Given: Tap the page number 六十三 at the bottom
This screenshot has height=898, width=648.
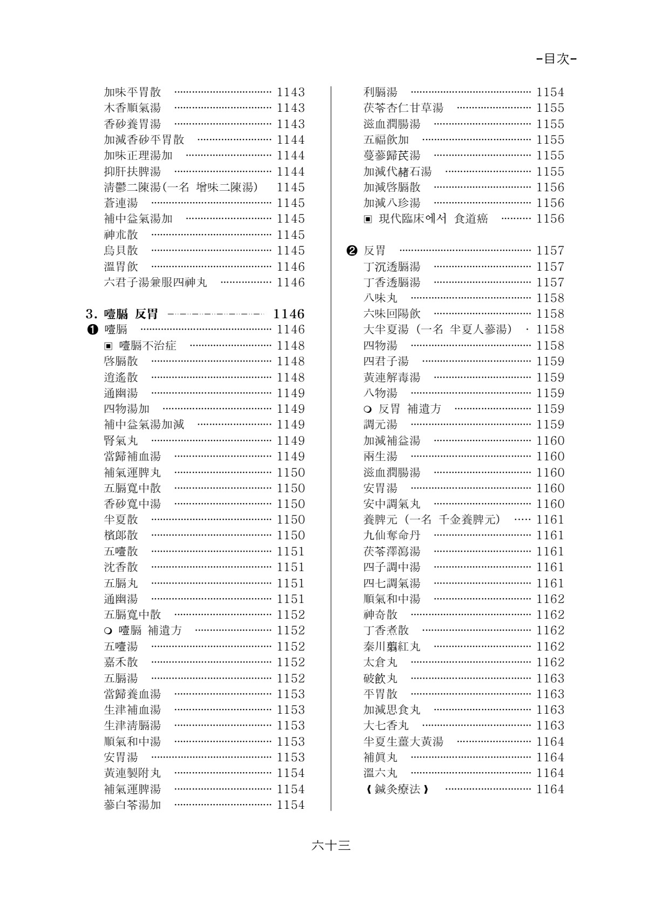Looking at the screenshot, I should tap(331, 846).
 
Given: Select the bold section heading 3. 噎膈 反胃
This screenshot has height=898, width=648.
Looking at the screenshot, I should tap(122, 314).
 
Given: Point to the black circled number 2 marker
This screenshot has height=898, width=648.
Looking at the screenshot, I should tap(352, 251).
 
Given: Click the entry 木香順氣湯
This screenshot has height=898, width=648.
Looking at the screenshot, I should tap(132, 108).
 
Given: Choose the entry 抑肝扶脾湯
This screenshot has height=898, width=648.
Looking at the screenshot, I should tap(132, 172).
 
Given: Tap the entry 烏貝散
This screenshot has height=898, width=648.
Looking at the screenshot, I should tap(121, 251).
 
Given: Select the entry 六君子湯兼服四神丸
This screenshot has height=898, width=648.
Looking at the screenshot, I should tap(156, 283).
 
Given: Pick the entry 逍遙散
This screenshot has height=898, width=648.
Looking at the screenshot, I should tap(121, 378).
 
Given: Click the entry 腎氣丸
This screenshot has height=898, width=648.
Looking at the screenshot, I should tap(121, 441).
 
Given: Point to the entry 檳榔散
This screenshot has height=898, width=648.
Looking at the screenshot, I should tap(121, 535).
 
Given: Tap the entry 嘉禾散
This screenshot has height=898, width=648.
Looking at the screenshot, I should tap(121, 662).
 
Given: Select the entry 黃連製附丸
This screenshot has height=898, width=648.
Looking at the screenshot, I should tap(132, 773).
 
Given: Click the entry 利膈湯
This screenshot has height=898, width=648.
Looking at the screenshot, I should tap(380, 92).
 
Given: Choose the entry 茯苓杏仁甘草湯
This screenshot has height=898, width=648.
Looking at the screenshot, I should tap(403, 108).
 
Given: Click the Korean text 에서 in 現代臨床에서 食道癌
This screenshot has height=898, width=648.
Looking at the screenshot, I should tap(438, 219).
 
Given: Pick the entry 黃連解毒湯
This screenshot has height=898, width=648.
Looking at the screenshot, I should tap(392, 378).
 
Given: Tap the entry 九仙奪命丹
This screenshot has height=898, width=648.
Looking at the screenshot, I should tap(392, 535).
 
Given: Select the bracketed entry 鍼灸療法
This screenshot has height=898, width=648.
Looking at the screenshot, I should tap(397, 789).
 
